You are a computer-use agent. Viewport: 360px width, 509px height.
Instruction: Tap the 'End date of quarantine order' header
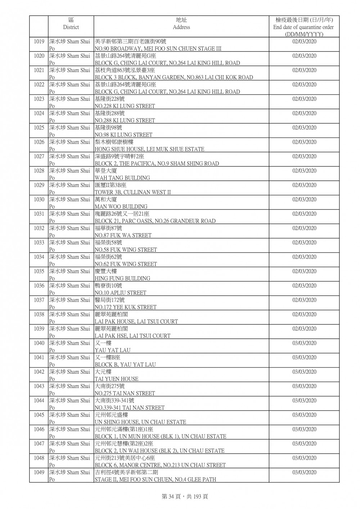303,27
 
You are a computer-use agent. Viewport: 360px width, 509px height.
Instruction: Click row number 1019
39,41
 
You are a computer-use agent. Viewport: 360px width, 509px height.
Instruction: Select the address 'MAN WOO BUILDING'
121,207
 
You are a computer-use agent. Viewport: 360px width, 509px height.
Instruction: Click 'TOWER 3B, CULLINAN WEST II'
132,192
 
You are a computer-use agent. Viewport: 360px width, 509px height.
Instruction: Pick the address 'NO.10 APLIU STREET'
120,293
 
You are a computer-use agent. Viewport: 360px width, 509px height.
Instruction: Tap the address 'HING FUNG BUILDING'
122,278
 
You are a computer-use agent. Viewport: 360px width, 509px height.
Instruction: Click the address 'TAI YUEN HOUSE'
116,379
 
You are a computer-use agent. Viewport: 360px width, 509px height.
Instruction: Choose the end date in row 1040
304,343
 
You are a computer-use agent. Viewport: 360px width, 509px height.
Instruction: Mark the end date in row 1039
304,329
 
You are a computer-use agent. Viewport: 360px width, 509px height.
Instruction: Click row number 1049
39,472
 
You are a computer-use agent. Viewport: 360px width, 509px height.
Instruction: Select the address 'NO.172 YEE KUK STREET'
125,307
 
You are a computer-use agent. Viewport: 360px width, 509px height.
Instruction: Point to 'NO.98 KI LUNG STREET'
123,135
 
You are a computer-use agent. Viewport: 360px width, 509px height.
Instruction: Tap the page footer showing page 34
180,496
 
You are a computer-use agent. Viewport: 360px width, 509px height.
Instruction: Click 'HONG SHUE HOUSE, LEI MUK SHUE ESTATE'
149,149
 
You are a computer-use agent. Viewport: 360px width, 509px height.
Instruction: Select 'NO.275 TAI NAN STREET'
125,393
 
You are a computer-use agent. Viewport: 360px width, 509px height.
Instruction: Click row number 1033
39,243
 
